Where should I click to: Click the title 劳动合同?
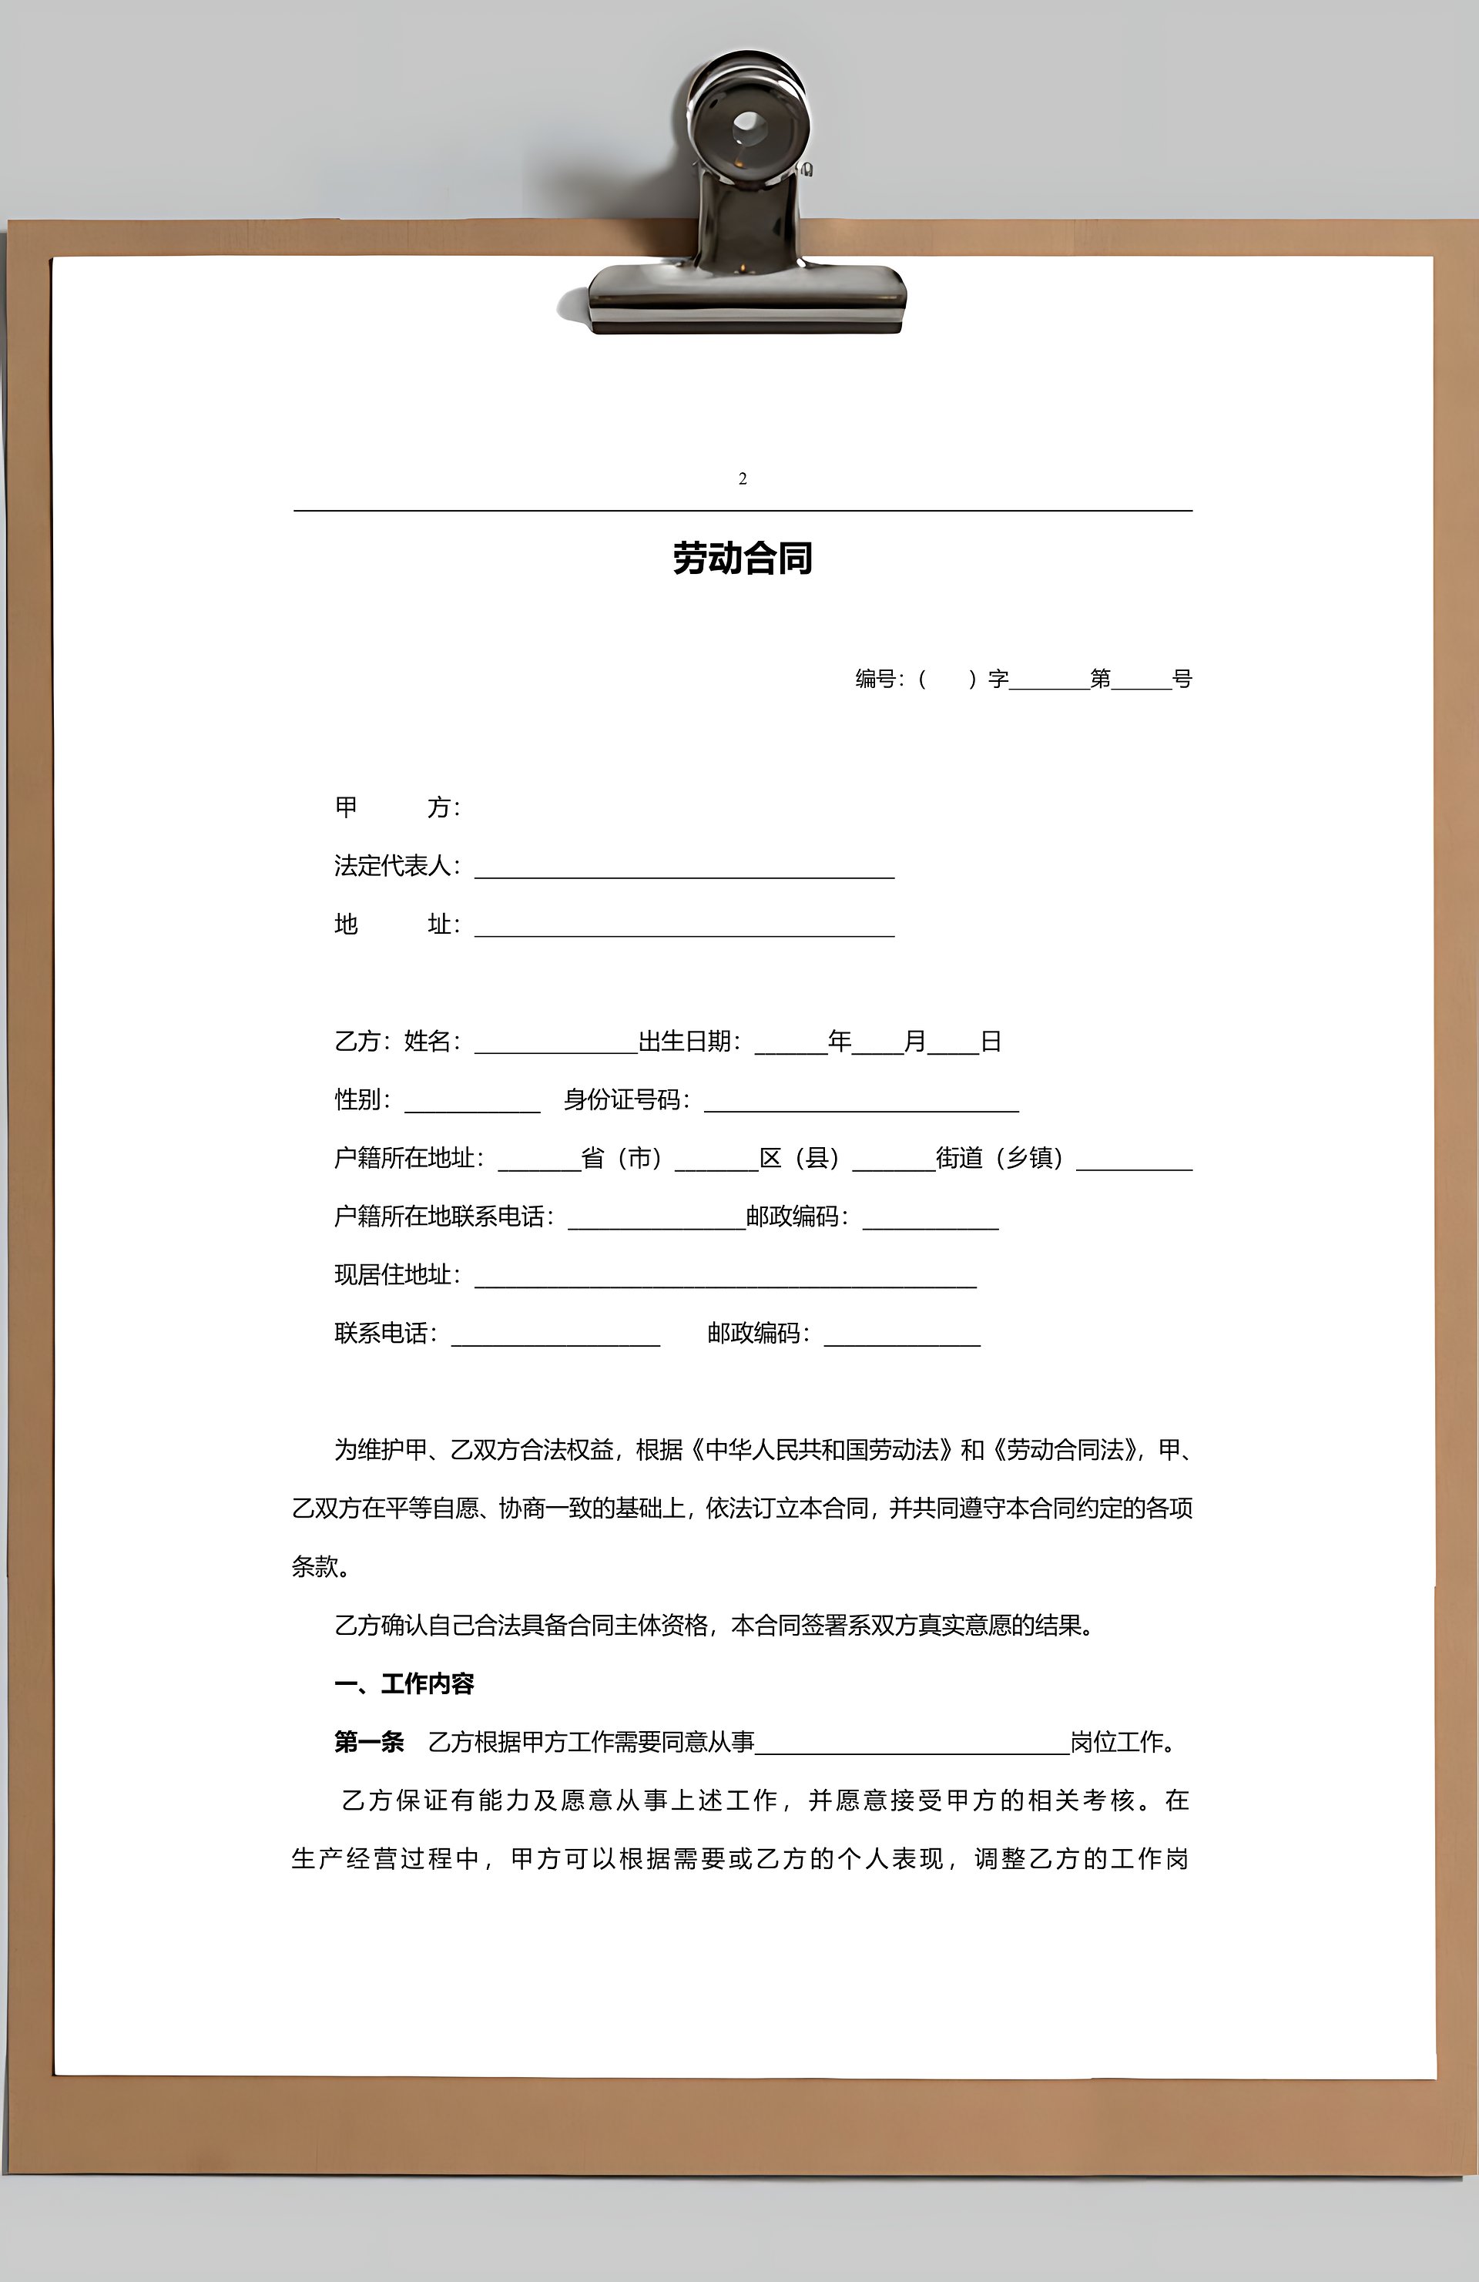[x=742, y=558]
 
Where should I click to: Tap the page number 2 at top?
[x=743, y=478]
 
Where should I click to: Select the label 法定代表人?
[x=392, y=866]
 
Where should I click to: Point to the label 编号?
[x=876, y=679]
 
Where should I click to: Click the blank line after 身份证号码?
[x=860, y=1105]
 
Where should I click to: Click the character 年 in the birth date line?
[x=840, y=1042]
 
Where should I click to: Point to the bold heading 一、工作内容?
[x=404, y=1683]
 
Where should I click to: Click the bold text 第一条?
[x=369, y=1742]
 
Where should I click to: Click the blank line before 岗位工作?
[x=911, y=1747]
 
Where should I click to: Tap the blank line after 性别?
[x=472, y=1105]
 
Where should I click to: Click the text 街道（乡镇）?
[x=999, y=1158]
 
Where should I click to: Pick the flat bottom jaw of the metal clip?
[x=746, y=297]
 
